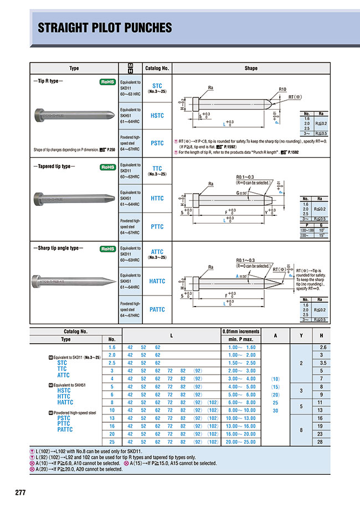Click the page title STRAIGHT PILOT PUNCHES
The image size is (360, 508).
[105, 28]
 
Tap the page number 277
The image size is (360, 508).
[20, 493]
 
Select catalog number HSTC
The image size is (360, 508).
[157, 116]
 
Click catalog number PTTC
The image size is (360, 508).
[157, 226]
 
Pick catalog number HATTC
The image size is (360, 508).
[157, 281]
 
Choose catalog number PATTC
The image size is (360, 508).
[157, 310]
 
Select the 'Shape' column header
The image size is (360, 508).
[251, 69]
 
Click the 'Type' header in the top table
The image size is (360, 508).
[74, 69]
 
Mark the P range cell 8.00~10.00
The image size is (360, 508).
[242, 410]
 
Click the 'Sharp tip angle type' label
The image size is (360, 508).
[59, 248]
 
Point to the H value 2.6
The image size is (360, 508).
[321, 346]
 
